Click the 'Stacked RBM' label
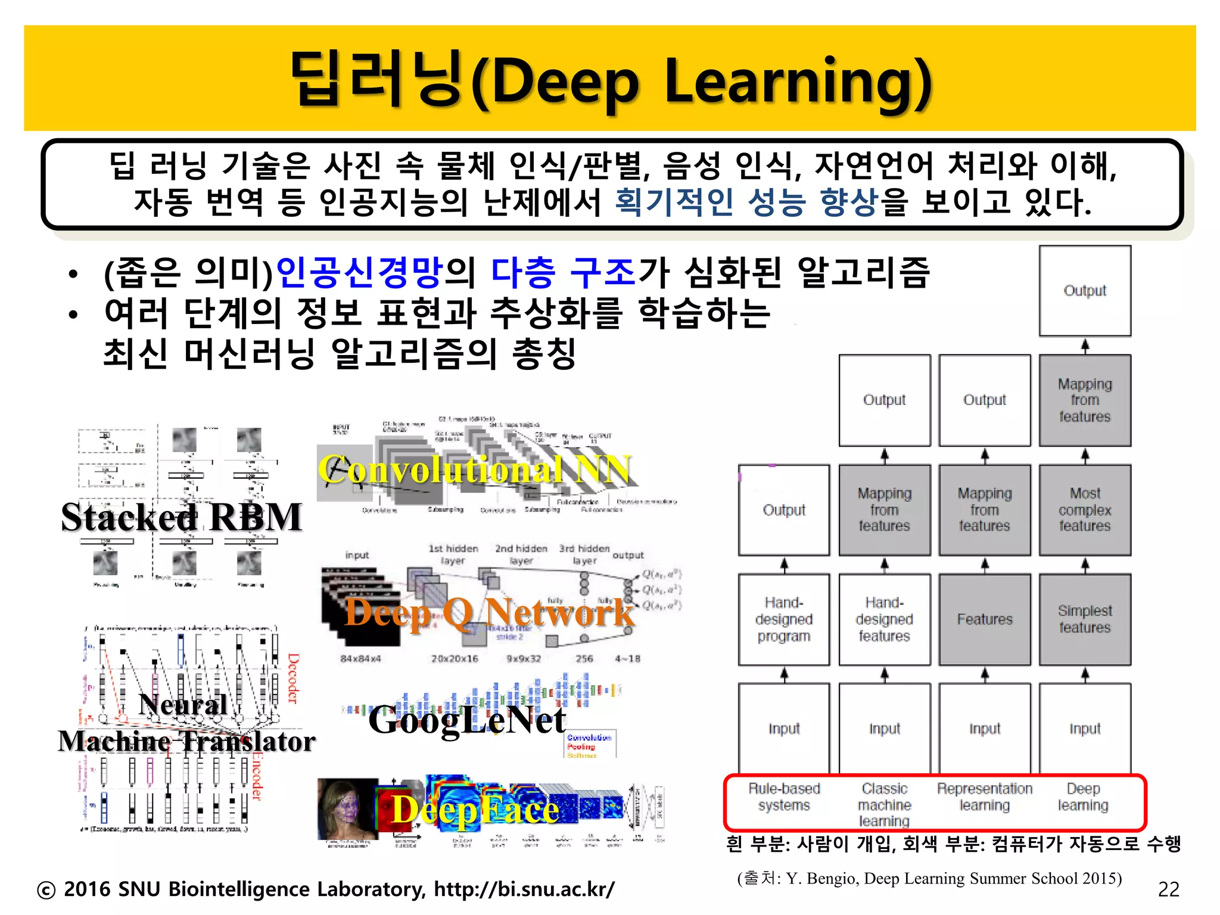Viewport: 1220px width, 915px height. click(181, 517)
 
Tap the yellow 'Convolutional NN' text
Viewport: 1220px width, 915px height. click(474, 470)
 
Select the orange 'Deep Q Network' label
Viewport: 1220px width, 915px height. click(489, 612)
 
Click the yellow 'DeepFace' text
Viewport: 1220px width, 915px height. click(475, 810)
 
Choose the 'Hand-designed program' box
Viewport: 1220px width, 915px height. click(784, 620)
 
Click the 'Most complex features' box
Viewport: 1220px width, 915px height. click(1085, 510)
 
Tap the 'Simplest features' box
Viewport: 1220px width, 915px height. click(1085, 620)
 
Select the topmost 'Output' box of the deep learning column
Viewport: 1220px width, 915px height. click(1085, 291)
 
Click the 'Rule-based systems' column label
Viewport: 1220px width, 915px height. click(784, 797)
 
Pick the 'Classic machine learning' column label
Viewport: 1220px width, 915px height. click(884, 804)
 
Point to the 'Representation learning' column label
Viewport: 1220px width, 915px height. click(984, 797)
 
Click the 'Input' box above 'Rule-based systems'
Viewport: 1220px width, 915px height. click(784, 729)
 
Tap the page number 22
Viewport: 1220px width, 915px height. click(1168, 889)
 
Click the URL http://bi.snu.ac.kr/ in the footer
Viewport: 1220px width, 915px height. click(524, 889)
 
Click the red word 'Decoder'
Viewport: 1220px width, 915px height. click(293, 678)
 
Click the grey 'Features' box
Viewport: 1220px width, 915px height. click(985, 620)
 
